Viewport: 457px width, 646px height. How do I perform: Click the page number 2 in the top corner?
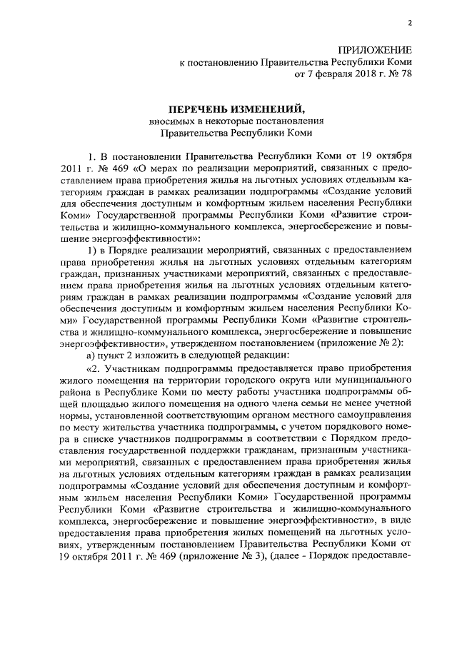(x=410, y=22)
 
